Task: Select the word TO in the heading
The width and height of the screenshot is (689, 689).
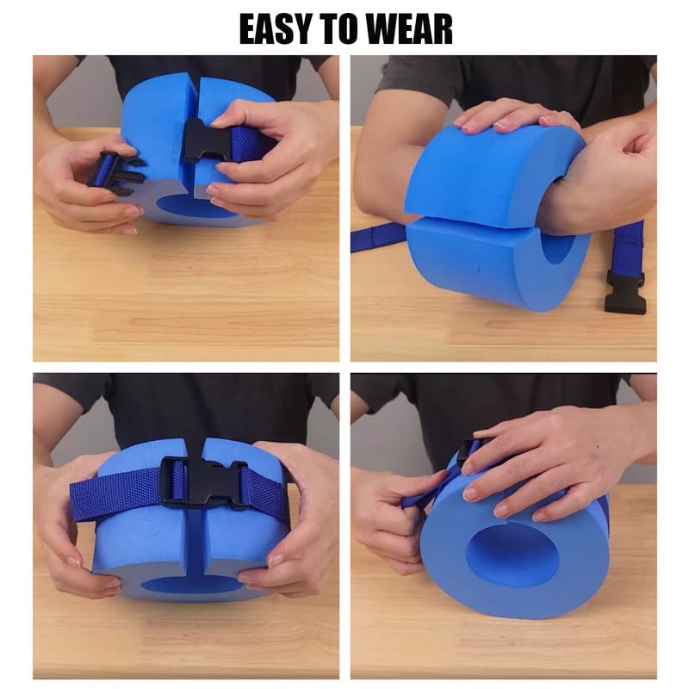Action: point(343,28)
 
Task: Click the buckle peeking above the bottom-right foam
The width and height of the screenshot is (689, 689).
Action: point(469,449)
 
